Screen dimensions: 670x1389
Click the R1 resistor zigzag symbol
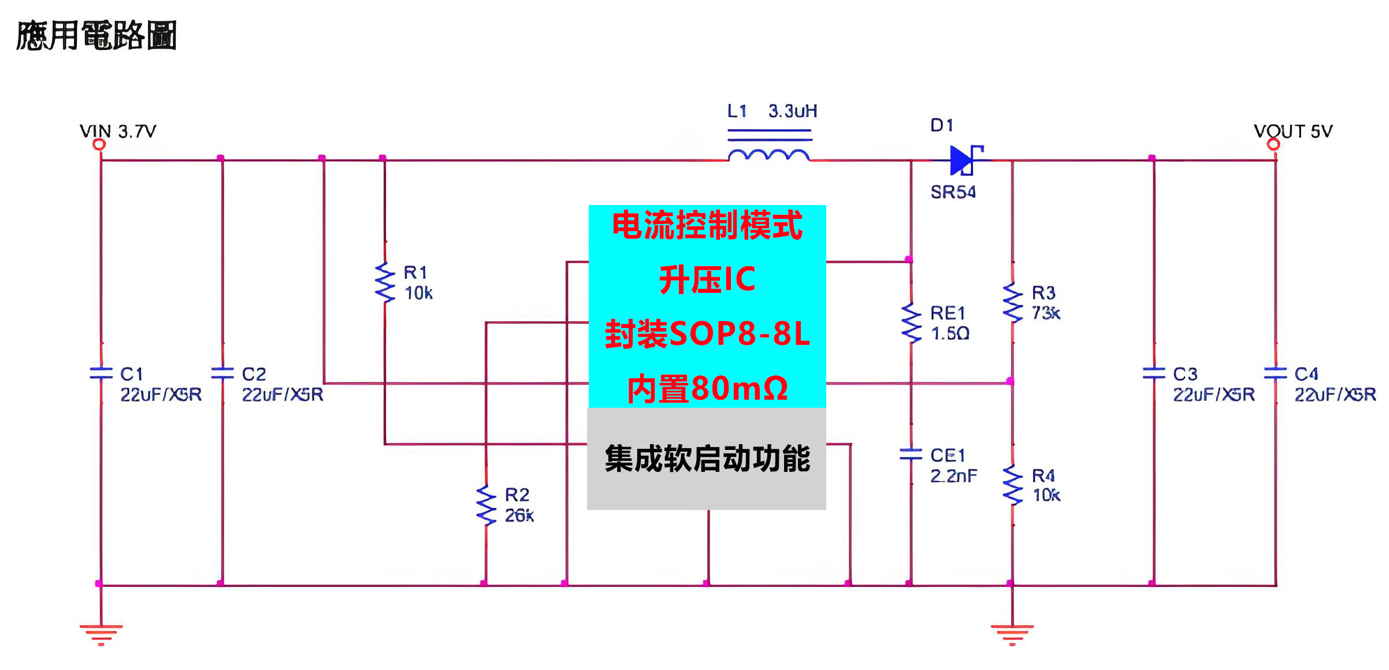[385, 282]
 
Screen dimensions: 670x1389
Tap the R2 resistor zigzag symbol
[486, 505]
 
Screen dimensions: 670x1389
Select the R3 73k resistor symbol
[1012, 302]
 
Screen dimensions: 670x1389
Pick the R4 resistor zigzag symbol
[1012, 485]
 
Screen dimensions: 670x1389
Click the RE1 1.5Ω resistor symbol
[911, 323]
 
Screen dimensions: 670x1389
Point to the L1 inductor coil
[769, 154]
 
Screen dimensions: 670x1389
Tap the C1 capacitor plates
[101, 373]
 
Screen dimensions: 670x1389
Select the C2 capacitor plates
[222, 373]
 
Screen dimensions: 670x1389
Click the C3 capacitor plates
[1154, 373]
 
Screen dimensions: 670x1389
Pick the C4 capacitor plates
[1275, 373]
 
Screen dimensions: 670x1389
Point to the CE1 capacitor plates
[911, 455]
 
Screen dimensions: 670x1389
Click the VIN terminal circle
[99, 144]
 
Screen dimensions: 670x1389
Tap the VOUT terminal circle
[1273, 144]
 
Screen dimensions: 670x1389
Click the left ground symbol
[101, 633]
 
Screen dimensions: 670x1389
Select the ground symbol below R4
[1012, 633]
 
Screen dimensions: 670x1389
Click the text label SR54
[953, 192]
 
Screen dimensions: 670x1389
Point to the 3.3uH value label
[793, 111]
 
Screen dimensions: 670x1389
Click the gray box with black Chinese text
[707, 459]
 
